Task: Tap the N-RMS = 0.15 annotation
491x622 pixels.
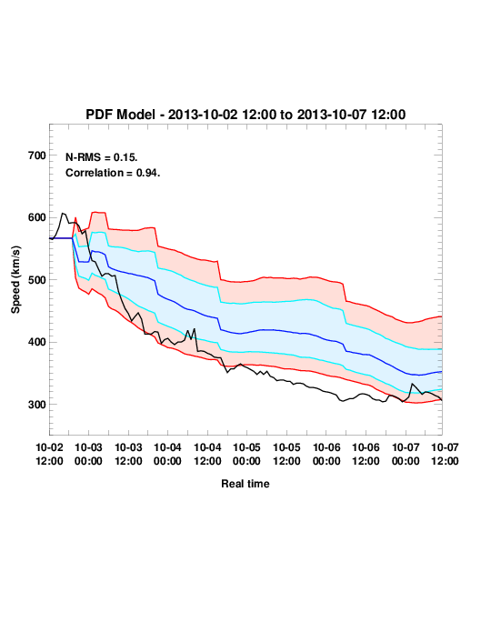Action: click(101, 157)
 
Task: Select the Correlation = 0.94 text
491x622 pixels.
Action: click(113, 173)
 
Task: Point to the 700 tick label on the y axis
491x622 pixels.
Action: click(37, 155)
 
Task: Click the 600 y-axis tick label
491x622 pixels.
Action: click(37, 217)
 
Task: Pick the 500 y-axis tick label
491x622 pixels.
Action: click(37, 280)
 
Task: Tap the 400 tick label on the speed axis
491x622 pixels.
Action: click(37, 342)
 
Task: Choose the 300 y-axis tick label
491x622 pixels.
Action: click(37, 405)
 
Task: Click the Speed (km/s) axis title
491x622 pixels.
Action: click(15, 280)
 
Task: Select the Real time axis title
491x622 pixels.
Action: click(245, 484)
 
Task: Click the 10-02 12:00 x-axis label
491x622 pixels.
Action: click(50, 454)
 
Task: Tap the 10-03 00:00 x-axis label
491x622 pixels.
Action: click(88, 454)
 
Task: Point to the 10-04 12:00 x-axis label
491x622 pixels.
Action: click(207, 454)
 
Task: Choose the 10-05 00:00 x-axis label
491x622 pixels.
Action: click(246, 454)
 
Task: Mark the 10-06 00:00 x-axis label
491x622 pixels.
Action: click(326, 454)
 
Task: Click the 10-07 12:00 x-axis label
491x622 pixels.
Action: click(445, 454)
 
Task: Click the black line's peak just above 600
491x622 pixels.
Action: click(63, 214)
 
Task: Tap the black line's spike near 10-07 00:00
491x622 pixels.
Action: click(413, 384)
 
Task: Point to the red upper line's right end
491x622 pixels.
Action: click(442, 316)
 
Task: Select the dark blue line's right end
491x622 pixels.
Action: click(442, 372)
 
